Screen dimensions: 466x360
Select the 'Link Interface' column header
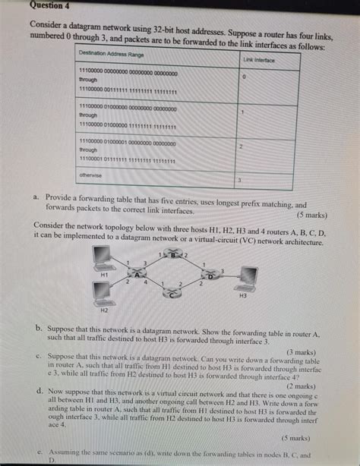[x=258, y=58]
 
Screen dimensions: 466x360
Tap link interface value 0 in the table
[x=244, y=77]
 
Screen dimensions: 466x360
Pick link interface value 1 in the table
[x=242, y=112]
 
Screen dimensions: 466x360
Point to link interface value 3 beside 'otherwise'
[x=239, y=180]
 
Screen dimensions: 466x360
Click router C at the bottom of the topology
[x=172, y=294]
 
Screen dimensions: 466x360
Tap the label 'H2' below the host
[x=105, y=310]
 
